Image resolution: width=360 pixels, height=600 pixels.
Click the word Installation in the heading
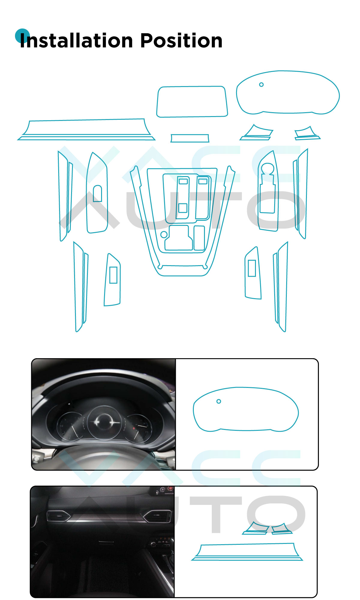[76, 40]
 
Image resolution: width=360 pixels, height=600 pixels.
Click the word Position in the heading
[181, 40]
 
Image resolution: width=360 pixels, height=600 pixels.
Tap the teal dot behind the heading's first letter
[22, 36]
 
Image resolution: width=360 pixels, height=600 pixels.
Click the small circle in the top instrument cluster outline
[261, 85]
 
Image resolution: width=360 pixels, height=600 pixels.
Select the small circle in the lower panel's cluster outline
[219, 401]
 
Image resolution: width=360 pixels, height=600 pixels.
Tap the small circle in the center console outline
[164, 234]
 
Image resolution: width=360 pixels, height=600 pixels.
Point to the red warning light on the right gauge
[134, 428]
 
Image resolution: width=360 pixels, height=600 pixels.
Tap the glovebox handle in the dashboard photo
[106, 542]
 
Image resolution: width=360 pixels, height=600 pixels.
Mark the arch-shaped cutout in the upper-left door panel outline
[97, 193]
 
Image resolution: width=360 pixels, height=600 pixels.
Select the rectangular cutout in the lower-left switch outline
[113, 275]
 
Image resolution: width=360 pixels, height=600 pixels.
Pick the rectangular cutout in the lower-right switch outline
[252, 268]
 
